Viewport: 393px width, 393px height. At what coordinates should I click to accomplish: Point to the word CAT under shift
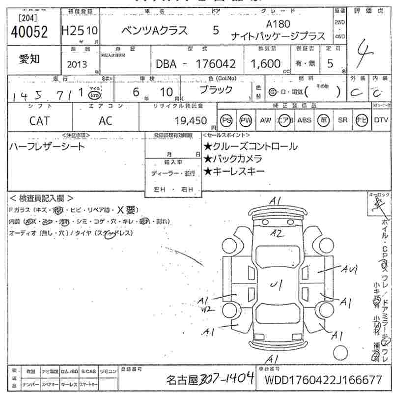click(x=39, y=120)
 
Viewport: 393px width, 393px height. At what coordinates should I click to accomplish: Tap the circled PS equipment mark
click(x=226, y=120)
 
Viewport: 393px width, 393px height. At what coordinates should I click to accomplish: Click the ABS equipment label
click(x=305, y=120)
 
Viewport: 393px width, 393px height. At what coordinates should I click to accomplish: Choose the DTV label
click(x=381, y=120)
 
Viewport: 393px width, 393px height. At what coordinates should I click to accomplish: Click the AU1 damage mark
click(x=349, y=269)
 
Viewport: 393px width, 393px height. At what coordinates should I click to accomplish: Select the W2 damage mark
click(x=207, y=309)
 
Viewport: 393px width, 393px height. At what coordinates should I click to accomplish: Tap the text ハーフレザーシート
click(x=47, y=146)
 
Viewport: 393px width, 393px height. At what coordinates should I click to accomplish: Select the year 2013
click(x=77, y=64)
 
